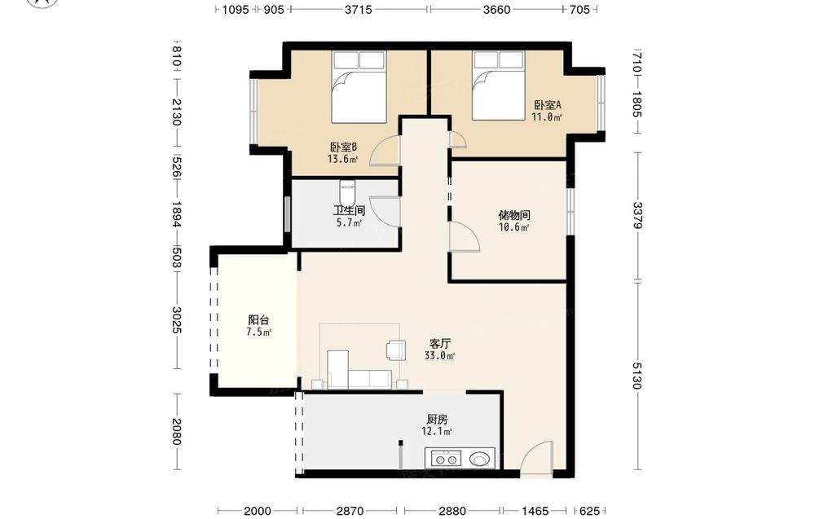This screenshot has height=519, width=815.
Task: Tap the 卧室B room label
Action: click(343, 147)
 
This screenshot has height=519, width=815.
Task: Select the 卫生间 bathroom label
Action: click(349, 210)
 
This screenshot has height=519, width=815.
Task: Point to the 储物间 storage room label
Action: click(514, 215)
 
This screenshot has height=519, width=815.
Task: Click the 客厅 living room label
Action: click(440, 343)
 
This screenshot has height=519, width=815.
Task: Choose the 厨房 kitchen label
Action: click(437, 419)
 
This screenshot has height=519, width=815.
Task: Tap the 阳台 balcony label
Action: click(258, 320)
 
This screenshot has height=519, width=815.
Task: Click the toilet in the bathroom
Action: click(347, 193)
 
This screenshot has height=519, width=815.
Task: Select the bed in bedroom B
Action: click(359, 86)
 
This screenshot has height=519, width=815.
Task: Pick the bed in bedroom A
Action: click(499, 86)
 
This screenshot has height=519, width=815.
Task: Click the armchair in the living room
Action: click(397, 350)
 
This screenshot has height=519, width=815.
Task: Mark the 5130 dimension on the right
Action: click(637, 375)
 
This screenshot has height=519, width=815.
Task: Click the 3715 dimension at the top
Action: click(359, 9)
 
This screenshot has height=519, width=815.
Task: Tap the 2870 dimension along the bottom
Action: click(350, 511)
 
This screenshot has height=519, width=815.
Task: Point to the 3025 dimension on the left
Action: click(177, 320)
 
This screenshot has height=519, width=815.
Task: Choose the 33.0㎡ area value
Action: click(440, 356)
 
